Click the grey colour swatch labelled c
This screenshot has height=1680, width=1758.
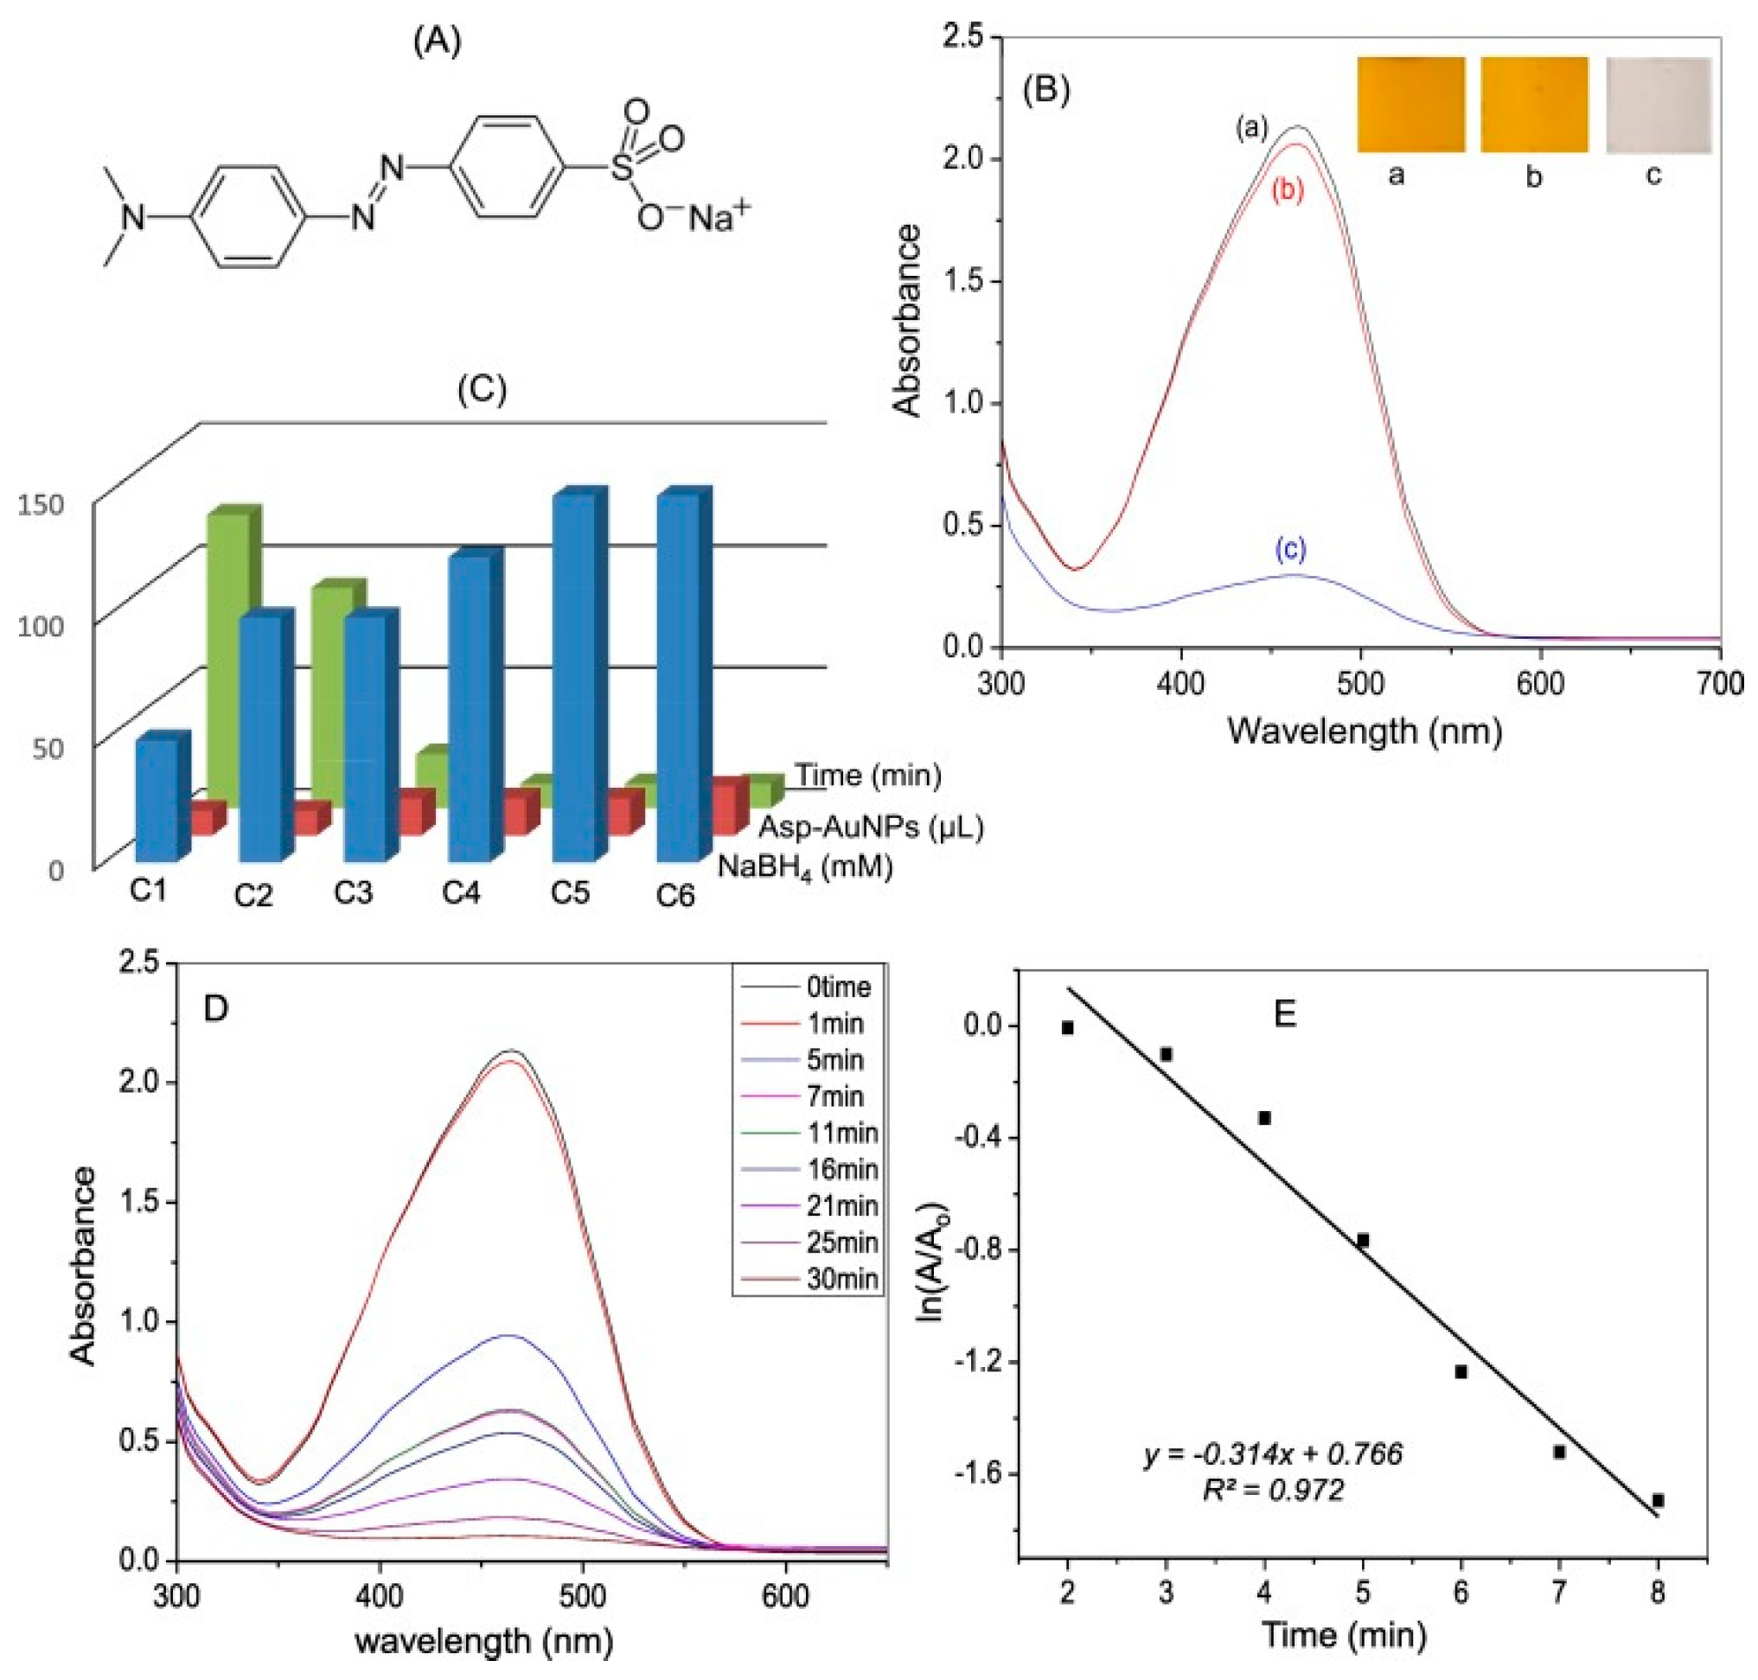click(1658, 105)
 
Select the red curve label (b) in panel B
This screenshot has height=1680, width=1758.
click(1288, 190)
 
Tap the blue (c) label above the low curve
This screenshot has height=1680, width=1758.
click(1290, 551)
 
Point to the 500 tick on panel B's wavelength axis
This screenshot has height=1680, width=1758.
click(1359, 684)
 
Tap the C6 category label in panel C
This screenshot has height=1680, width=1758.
click(675, 895)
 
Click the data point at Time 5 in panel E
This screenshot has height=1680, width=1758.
click(1362, 1240)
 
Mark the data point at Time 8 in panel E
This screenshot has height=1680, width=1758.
click(1658, 1500)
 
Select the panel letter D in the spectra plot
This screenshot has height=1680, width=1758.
click(216, 1009)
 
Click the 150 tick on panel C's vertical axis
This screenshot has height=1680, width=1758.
click(42, 505)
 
